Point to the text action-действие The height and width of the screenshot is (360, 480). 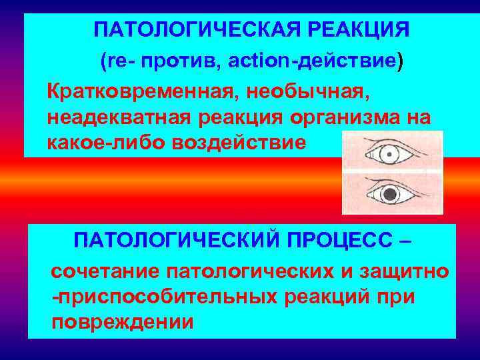312,62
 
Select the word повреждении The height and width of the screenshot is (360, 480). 123,322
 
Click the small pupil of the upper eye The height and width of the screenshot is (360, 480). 387,153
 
